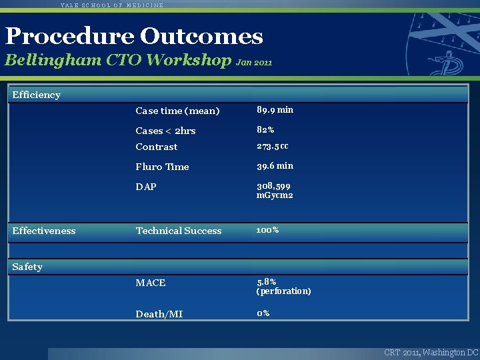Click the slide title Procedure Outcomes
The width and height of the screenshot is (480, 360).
(134, 36)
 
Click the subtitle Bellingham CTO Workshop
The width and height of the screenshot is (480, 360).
(118, 60)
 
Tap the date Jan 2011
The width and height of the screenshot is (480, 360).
(255, 62)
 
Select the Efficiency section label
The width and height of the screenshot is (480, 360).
(37, 95)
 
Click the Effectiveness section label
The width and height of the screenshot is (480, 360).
(44, 231)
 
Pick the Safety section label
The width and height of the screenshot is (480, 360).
(27, 267)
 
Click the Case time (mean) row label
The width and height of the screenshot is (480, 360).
(177, 111)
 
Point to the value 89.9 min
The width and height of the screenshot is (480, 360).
(275, 110)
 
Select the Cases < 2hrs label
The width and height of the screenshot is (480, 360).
(165, 131)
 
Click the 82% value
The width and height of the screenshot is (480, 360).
(265, 130)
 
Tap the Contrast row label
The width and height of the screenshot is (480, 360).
(157, 147)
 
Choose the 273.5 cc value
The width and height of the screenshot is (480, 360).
(273, 146)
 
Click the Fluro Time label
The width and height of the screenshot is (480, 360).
(162, 167)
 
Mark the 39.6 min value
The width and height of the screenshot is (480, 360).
(275, 166)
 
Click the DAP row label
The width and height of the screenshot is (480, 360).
(146, 187)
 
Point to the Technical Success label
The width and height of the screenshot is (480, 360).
(179, 231)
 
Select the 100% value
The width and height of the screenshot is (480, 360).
(267, 230)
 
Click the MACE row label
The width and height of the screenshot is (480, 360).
(151, 283)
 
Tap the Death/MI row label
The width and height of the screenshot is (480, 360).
(159, 314)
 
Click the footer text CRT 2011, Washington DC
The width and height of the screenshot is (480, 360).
(431, 352)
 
